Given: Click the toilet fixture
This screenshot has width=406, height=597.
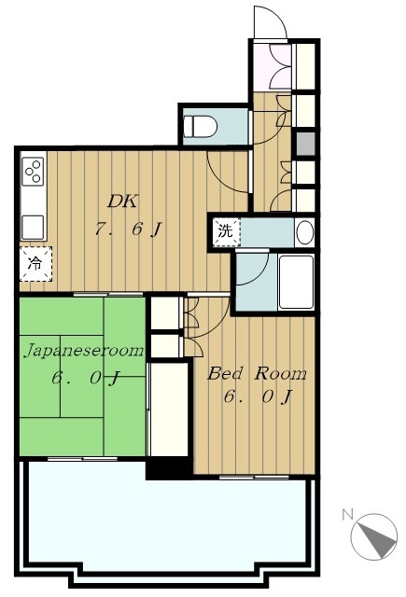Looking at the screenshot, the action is tap(200, 126).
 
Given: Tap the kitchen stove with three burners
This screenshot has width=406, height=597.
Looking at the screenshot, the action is tap(33, 172).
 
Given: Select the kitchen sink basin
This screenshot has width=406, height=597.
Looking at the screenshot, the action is tap(33, 227).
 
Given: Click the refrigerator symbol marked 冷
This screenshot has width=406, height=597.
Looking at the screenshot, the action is tap(35, 264).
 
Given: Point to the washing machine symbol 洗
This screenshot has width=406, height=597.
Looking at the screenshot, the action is tap(226, 232).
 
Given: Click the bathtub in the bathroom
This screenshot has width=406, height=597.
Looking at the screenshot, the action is tap(296, 282).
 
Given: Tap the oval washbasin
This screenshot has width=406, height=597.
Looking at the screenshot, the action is tap(304, 231).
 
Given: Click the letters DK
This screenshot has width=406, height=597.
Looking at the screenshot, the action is tap(122, 201).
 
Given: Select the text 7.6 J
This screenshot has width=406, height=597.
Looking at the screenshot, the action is tap(128, 229).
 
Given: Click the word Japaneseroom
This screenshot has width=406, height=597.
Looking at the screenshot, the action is tap(84, 351).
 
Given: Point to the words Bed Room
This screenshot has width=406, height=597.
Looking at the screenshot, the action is tap(257, 373).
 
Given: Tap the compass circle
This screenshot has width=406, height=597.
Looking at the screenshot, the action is tap(373, 536).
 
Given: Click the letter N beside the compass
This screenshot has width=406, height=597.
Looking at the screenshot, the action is tap(346, 514).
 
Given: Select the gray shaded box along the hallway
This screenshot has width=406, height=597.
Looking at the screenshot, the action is tap(305, 144).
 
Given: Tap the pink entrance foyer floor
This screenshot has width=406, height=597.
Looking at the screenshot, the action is tap(272, 67).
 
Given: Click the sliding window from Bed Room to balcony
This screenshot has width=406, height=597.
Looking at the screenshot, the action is tap(254, 477).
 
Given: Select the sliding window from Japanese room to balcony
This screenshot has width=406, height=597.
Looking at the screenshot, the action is tap(82, 459).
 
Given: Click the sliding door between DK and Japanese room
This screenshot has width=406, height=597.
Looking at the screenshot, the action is tap(107, 294).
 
